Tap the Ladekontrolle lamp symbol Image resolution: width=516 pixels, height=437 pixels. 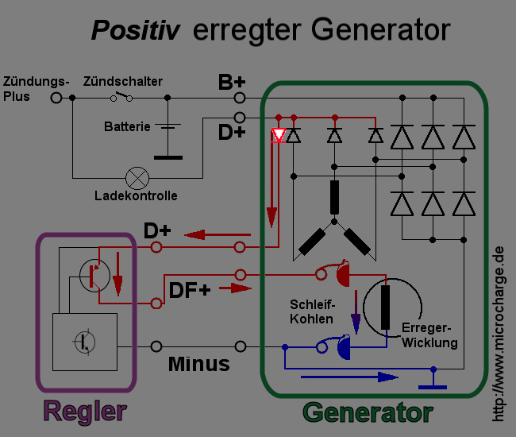(x=140, y=176)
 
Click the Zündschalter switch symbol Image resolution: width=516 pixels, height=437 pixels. (x=121, y=97)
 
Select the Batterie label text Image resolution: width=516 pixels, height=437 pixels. (x=127, y=126)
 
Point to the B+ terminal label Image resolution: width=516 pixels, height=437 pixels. (x=232, y=83)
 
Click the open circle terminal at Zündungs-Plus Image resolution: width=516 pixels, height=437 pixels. (x=56, y=98)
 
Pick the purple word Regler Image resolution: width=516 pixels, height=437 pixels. (x=85, y=412)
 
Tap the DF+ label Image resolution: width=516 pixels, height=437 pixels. (x=190, y=290)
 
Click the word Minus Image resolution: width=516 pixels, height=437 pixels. (x=198, y=364)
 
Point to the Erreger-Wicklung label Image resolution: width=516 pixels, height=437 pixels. (x=430, y=335)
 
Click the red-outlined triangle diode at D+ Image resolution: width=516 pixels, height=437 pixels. (x=279, y=136)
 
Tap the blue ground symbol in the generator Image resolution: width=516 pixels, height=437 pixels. (x=433, y=385)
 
